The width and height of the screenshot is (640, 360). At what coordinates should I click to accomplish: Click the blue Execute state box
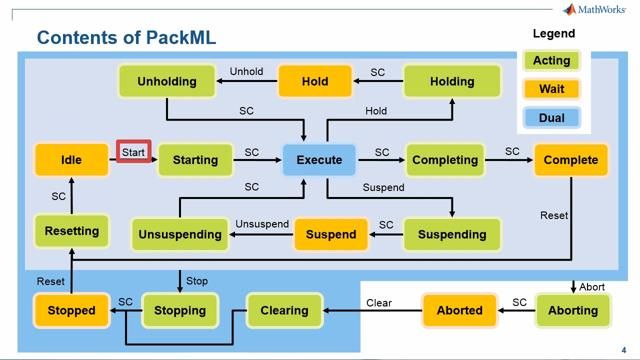click(x=319, y=160)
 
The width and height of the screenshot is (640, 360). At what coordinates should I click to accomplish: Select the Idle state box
click(x=71, y=160)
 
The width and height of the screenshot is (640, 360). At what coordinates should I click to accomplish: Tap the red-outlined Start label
click(x=134, y=152)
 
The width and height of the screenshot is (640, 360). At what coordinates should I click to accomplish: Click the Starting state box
click(x=195, y=160)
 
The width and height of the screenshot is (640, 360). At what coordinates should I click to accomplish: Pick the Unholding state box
click(x=167, y=82)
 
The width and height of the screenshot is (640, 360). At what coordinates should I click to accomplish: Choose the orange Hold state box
click(x=315, y=82)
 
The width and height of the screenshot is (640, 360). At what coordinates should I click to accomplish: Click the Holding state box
click(x=451, y=82)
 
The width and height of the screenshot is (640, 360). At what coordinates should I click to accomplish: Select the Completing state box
click(x=444, y=160)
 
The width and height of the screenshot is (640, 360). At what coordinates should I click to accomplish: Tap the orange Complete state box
click(x=571, y=160)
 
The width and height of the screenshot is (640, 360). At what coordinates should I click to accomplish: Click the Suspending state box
click(x=451, y=235)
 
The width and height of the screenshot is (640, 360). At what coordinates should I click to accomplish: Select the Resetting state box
click(x=71, y=231)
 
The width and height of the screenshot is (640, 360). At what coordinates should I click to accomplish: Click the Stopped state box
click(x=71, y=310)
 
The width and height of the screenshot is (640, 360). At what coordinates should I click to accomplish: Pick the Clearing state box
click(x=284, y=310)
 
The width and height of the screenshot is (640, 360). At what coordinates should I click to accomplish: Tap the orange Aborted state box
click(x=459, y=310)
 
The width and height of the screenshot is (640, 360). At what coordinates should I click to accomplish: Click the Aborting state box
click(x=573, y=310)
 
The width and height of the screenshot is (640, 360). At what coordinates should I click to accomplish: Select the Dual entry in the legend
click(x=551, y=118)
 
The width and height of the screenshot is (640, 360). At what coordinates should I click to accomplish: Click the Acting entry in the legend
click(x=551, y=61)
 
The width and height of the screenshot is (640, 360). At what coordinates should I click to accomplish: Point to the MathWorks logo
click(x=597, y=10)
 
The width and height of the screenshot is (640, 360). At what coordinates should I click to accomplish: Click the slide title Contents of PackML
click(x=126, y=38)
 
